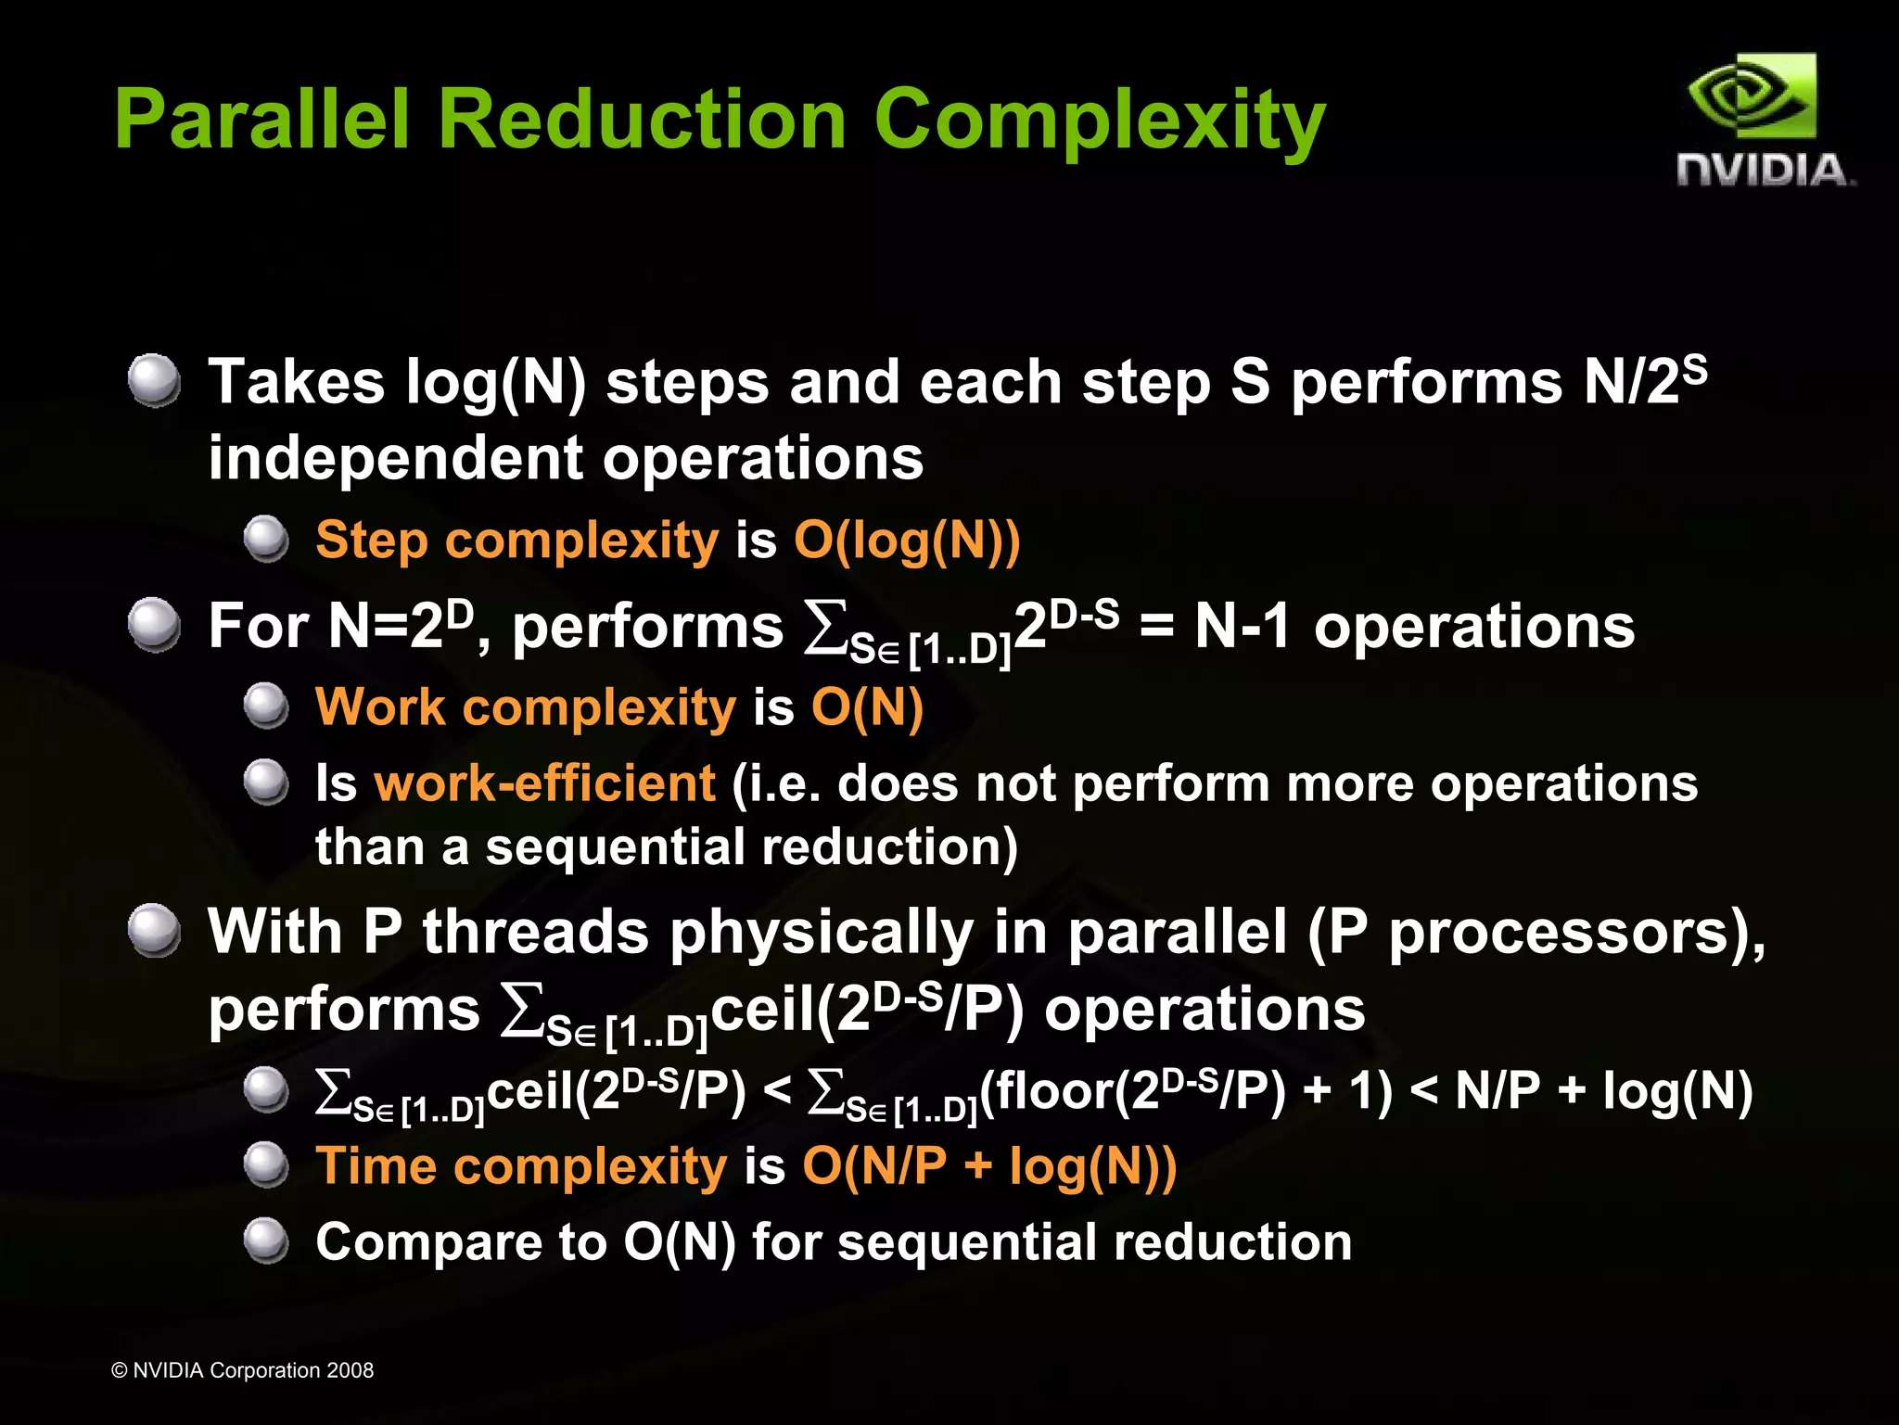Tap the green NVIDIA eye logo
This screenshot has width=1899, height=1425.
point(1752,96)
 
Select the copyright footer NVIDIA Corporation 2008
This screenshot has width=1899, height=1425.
point(242,1370)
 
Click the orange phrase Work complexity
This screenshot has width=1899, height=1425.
point(525,707)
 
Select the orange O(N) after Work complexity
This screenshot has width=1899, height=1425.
point(867,707)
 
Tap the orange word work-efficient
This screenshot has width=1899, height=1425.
point(544,783)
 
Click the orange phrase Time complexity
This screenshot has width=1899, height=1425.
point(521,1165)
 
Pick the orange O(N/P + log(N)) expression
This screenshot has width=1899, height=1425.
point(989,1165)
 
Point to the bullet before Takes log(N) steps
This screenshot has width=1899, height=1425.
point(154,380)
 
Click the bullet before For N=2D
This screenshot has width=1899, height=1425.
point(154,625)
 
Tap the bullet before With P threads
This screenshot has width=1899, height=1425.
point(154,931)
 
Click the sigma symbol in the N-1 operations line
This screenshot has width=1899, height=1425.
point(825,627)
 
